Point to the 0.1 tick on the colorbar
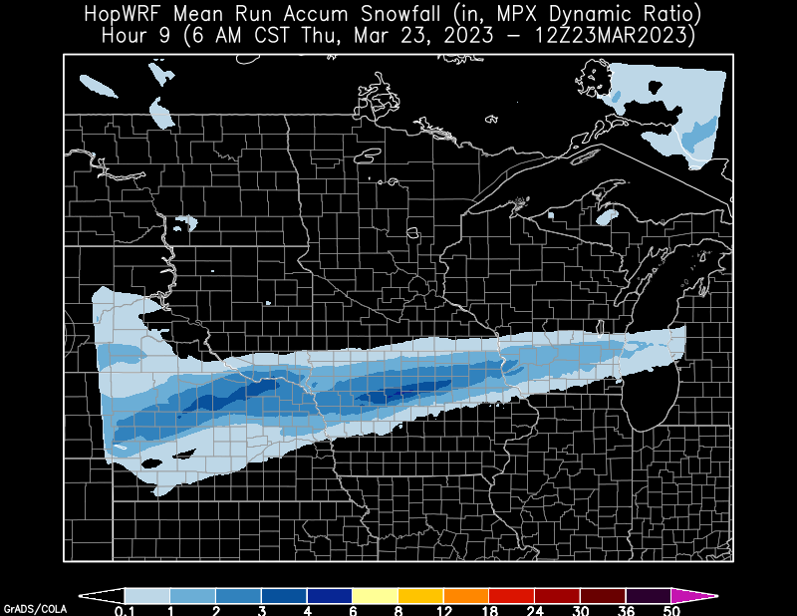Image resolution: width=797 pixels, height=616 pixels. click(x=125, y=609)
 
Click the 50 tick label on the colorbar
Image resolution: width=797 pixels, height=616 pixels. click(x=670, y=609)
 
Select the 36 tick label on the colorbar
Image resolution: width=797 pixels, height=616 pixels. click(x=625, y=609)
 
